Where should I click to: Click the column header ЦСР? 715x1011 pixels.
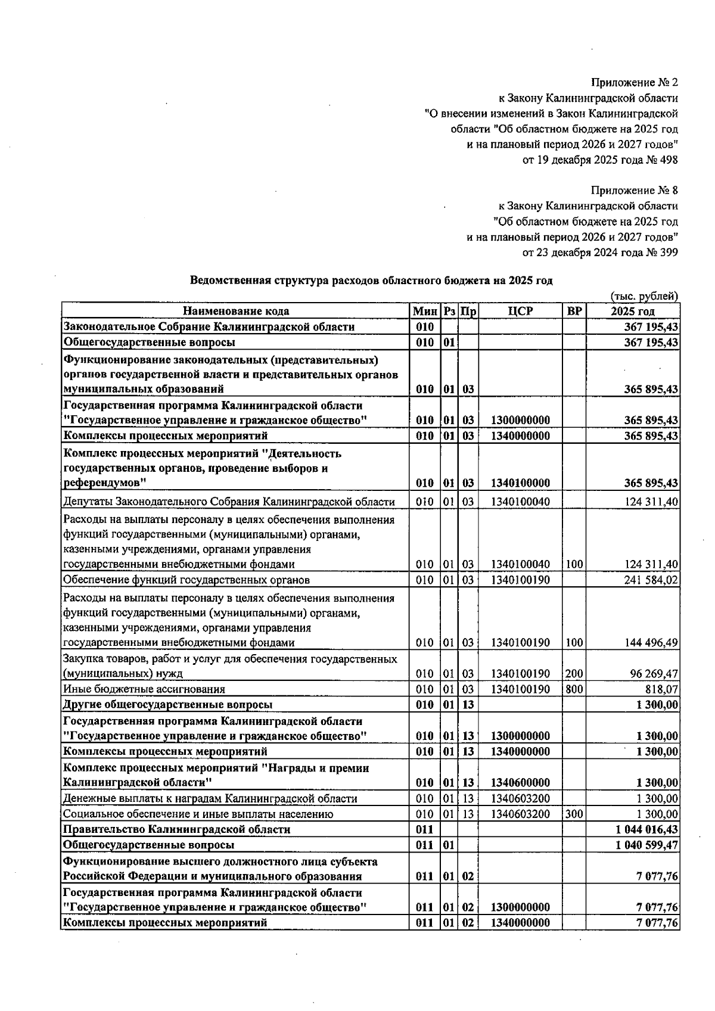520,311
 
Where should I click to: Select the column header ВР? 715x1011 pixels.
574,311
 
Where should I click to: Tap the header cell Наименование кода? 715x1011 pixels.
236,311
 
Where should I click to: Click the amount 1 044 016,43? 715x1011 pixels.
646,829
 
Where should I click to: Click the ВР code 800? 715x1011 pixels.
574,689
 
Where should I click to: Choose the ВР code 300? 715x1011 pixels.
574,814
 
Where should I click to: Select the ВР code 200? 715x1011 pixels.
574,674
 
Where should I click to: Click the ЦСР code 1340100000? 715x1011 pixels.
520,483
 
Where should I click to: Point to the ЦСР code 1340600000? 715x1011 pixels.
520,783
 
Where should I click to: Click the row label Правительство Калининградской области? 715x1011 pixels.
177,829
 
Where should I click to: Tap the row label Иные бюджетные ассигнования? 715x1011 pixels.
144,689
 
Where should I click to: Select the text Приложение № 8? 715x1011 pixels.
634,191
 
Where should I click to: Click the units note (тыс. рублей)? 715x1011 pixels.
644,296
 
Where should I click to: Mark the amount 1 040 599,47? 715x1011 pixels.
646,845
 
